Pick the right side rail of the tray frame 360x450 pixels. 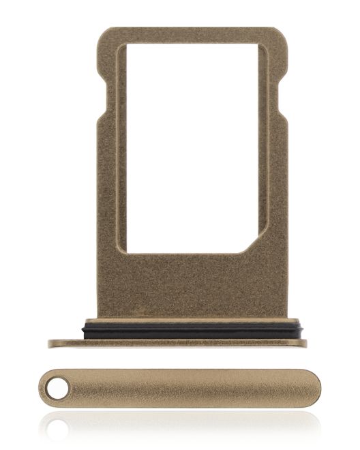point(275,170)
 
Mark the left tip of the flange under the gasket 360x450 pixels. point(50,343)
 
